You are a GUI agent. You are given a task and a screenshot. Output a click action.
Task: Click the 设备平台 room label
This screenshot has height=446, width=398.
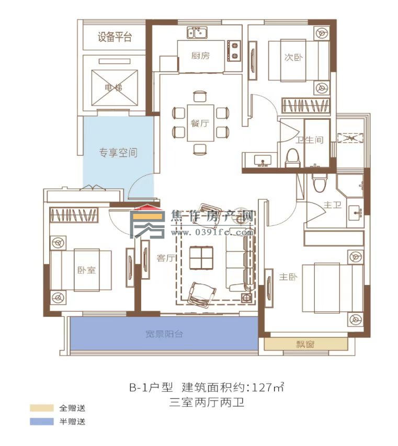click(115, 37)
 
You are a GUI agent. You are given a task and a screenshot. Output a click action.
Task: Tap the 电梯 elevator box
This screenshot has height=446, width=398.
click(115, 87)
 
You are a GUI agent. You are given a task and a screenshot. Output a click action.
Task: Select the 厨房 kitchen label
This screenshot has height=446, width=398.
click(200, 56)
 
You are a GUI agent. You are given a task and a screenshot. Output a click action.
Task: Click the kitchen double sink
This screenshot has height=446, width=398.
click(198, 33)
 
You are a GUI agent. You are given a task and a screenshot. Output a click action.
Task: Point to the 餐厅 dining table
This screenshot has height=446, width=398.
click(201, 123)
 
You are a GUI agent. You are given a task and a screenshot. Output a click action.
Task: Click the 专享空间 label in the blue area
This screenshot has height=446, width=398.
click(119, 153)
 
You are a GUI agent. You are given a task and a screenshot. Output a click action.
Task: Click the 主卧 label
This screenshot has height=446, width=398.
click(288, 277)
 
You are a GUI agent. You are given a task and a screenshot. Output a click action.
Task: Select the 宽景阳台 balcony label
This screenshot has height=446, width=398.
click(164, 334)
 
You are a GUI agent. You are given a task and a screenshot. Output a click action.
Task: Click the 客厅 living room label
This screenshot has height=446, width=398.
click(165, 257)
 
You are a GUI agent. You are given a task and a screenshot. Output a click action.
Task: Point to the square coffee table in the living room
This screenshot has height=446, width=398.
click(201, 257)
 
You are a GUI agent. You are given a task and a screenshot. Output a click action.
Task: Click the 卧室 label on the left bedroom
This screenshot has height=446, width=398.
click(86, 270)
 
